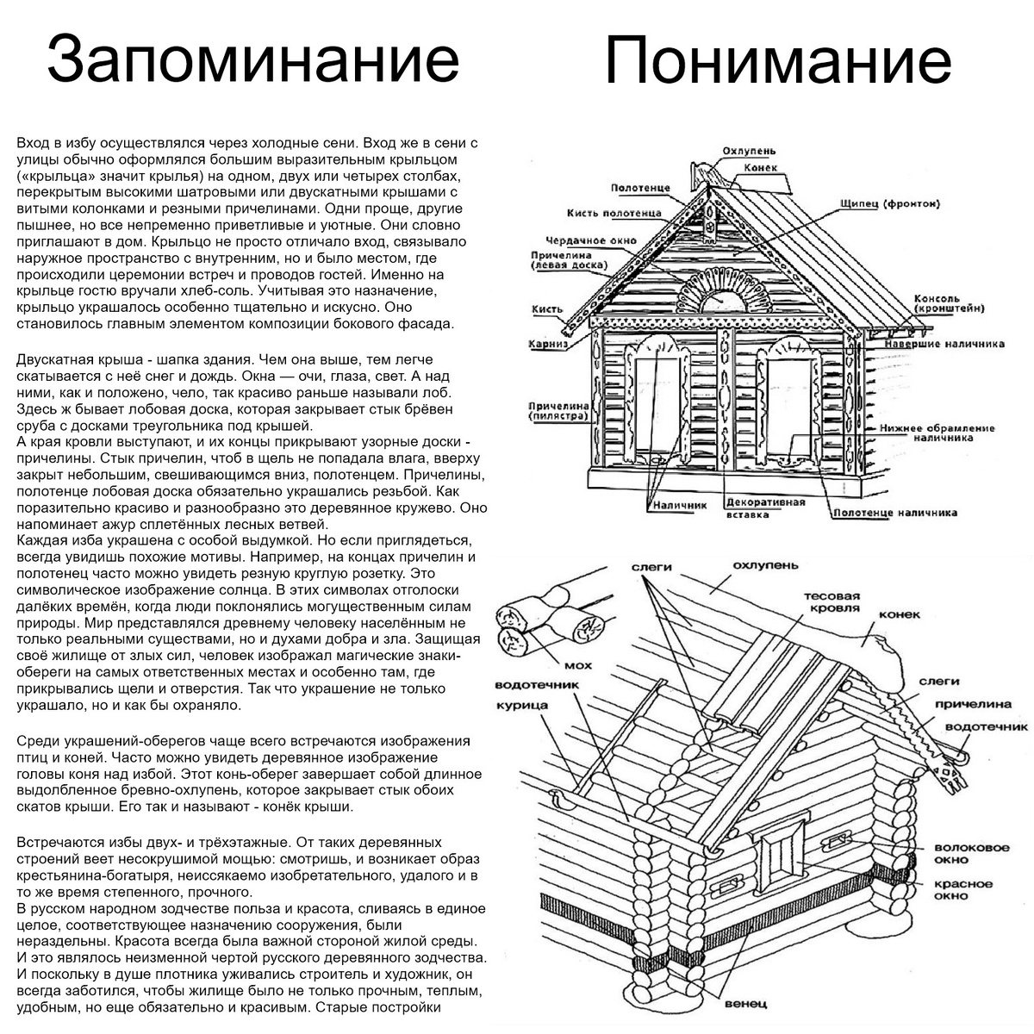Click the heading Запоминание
tap(252, 60)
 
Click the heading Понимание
tap(778, 60)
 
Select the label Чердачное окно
tap(591, 240)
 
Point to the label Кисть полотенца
tap(614, 213)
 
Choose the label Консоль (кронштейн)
tap(950, 302)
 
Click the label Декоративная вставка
tap(765, 508)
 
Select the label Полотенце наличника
tap(895, 513)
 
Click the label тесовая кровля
tap(832, 601)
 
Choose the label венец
tap(746, 1004)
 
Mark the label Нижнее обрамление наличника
tap(937, 433)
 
